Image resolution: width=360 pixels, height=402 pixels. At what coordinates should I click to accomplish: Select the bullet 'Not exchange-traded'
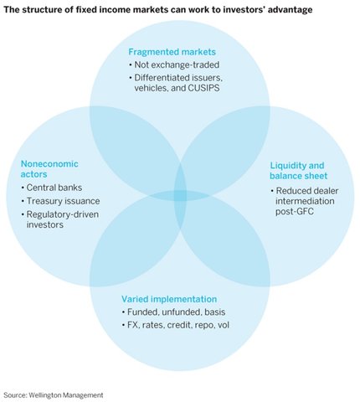pos(169,64)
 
